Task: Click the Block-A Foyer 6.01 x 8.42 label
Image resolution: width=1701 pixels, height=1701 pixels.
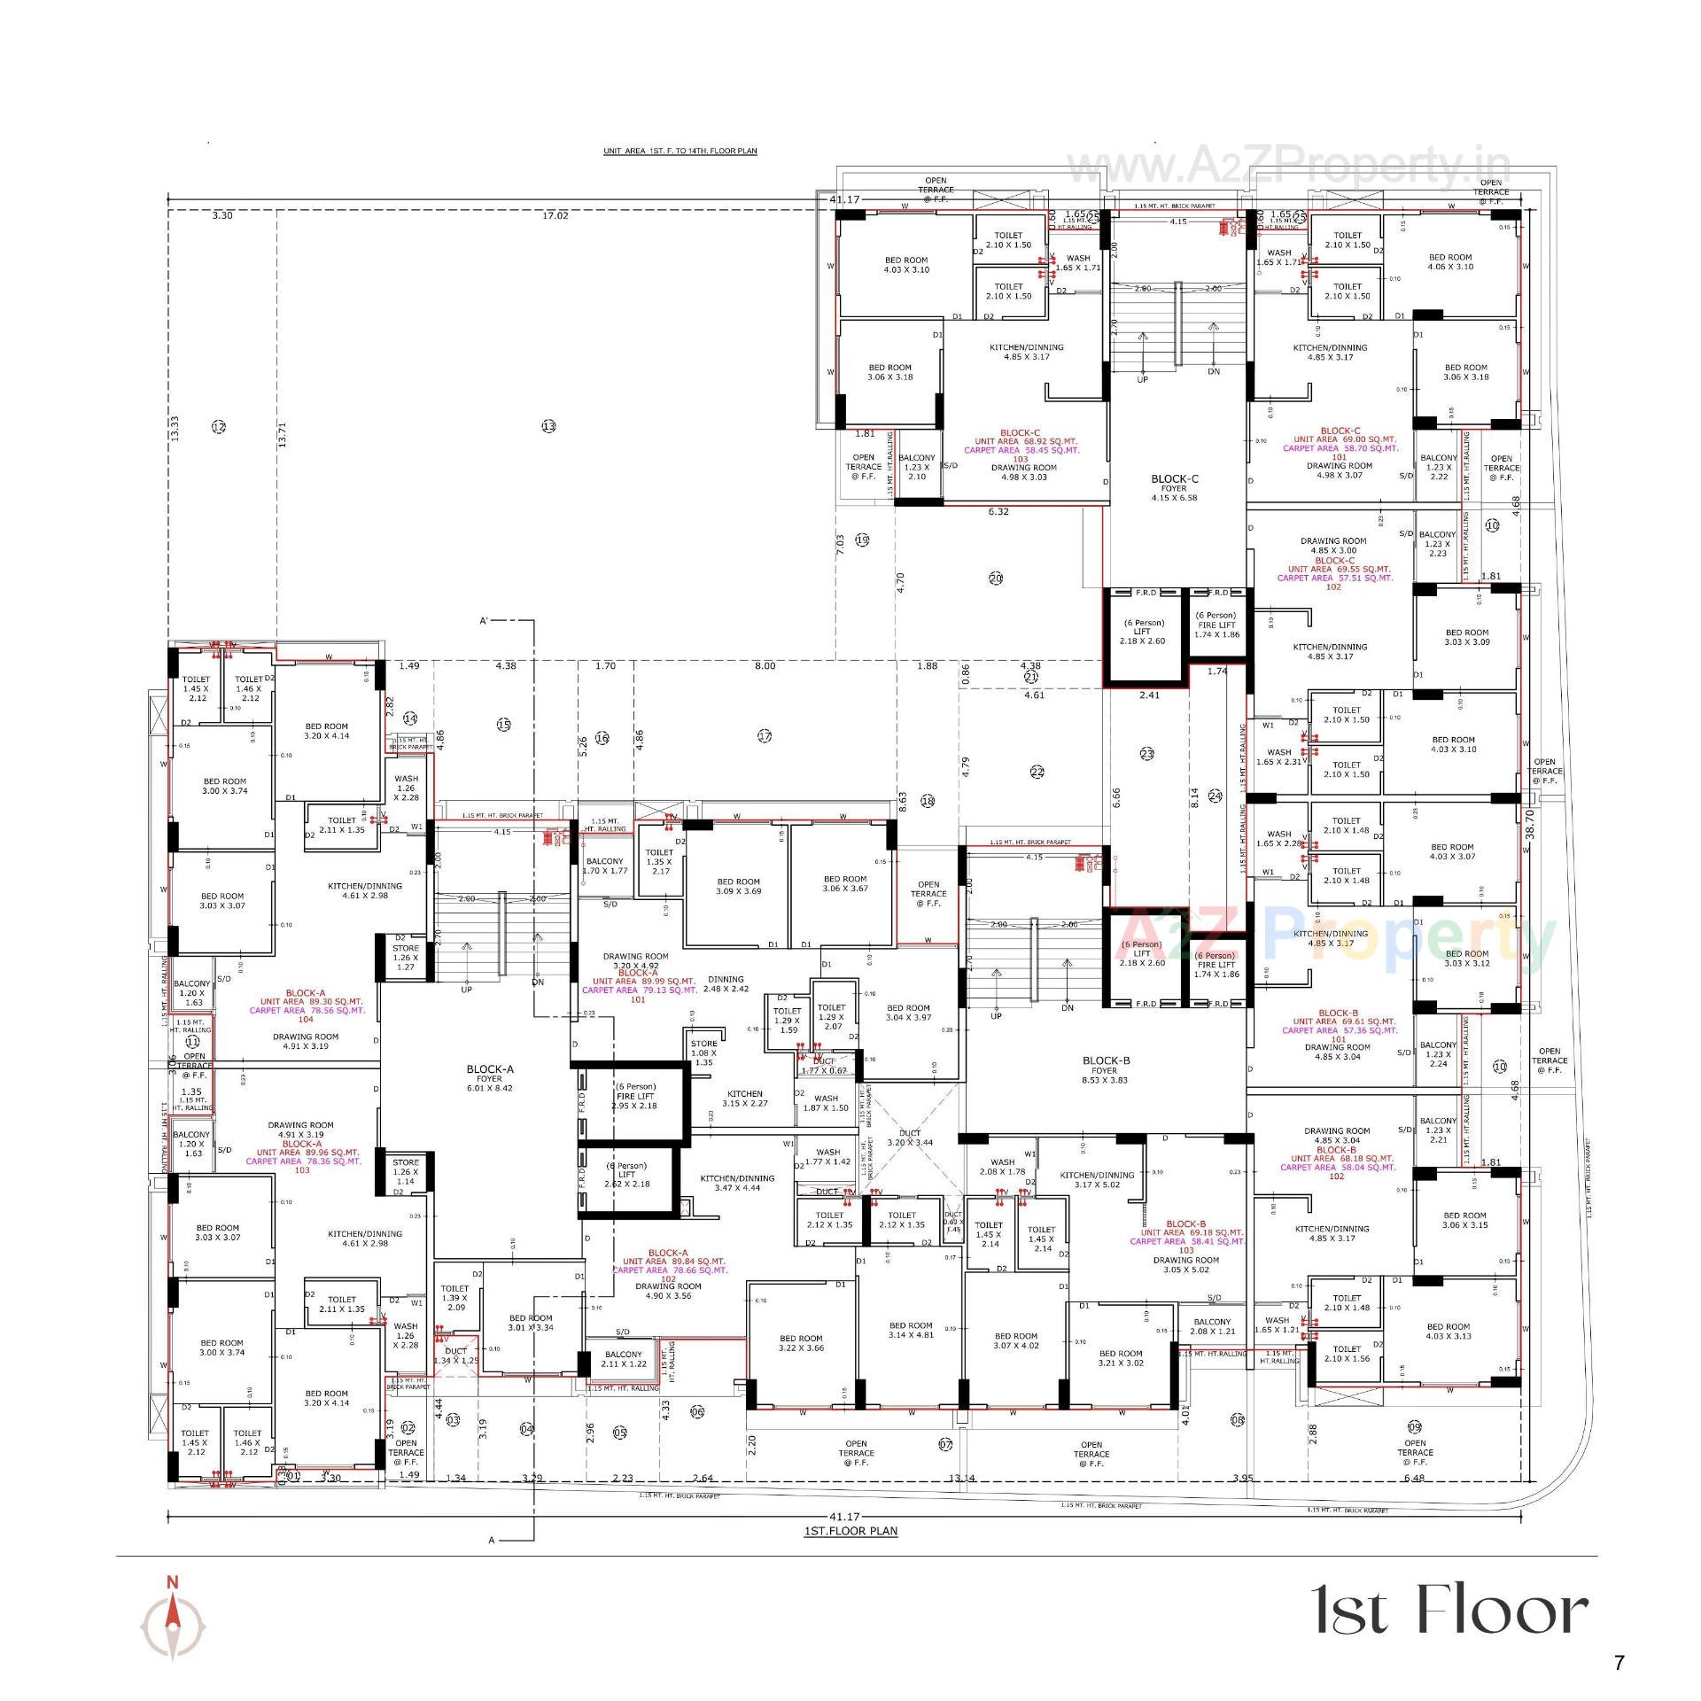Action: point(489,1078)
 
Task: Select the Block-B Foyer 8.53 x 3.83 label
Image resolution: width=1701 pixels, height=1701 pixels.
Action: point(1105,1070)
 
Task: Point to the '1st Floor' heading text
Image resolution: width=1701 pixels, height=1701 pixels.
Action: point(1449,1610)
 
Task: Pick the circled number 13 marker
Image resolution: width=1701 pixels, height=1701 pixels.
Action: point(548,426)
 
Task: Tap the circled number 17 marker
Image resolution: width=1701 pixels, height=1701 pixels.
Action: point(765,735)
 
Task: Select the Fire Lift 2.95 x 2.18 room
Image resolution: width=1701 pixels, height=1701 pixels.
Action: point(634,1101)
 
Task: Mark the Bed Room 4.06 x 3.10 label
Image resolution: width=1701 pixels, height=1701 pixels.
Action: point(1450,261)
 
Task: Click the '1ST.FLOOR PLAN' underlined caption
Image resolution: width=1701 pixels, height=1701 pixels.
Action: point(850,1531)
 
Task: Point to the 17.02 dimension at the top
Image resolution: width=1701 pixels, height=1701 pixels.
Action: point(555,215)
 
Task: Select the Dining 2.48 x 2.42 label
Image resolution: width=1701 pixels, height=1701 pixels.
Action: point(726,983)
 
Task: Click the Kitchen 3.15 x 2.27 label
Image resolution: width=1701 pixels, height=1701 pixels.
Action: point(744,1099)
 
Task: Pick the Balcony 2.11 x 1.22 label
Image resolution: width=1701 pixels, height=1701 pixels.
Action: point(624,1359)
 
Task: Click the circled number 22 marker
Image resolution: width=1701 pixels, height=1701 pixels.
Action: point(1037,772)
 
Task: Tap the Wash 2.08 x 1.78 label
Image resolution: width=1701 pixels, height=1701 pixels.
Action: point(1002,1167)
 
